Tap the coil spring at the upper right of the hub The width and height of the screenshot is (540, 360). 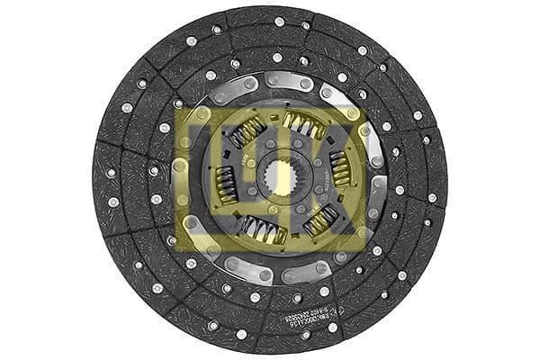pos(304,125)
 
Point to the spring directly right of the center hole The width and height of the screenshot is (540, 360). pos(340,167)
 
